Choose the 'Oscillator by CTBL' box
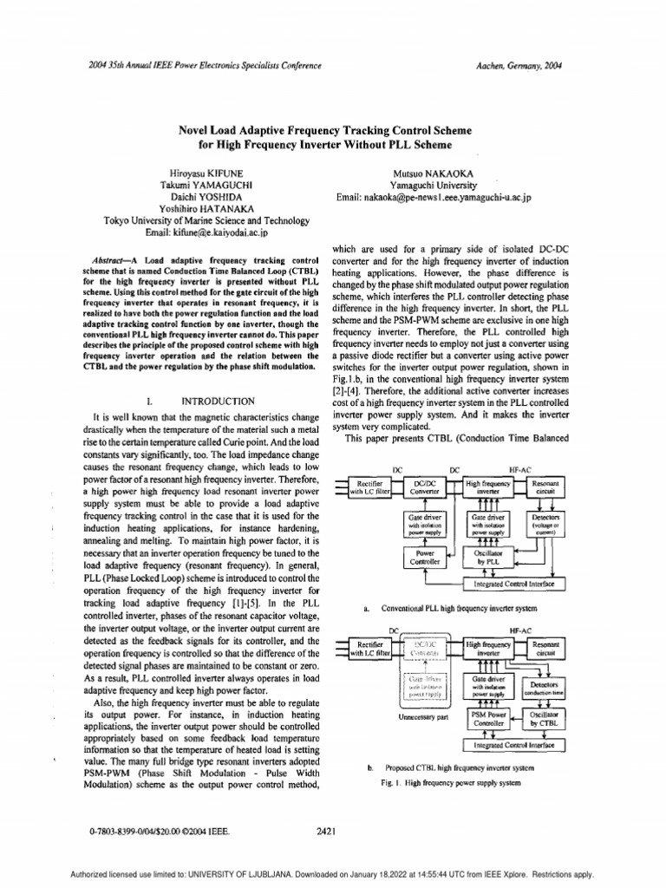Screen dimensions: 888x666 [545, 718]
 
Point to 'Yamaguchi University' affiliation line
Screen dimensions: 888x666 [433, 185]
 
